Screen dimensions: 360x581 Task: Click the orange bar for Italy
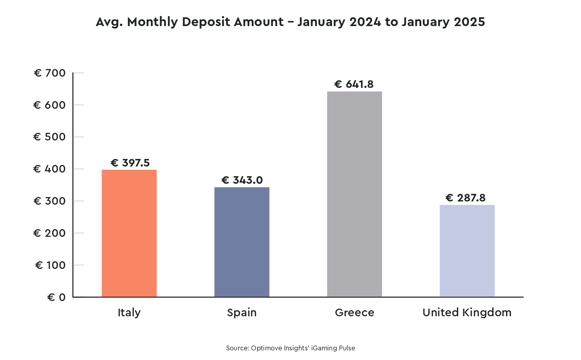[129, 233]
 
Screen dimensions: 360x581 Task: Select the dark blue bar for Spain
[242, 242]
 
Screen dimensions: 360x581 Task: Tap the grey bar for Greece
[354, 194]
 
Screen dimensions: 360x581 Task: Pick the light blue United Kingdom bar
[467, 251]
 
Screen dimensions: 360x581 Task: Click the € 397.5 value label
[130, 163]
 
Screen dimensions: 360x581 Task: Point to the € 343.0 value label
[242, 180]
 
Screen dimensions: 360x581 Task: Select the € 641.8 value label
[354, 84]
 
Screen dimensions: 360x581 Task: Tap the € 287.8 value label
[465, 198]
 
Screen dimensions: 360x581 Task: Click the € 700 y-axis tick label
[50, 73]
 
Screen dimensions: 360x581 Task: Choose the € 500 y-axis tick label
[49, 137]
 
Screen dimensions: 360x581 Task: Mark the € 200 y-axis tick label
[49, 233]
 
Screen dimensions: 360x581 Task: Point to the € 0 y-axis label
[56, 297]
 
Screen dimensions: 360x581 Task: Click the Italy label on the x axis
[129, 313]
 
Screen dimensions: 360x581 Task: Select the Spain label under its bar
[242, 313]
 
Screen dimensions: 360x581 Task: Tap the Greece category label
[354, 313]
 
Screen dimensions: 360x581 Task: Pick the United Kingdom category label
[467, 313]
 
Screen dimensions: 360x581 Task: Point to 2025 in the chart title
[469, 22]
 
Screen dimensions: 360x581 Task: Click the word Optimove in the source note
[267, 348]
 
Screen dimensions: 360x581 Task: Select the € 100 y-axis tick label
[50, 265]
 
